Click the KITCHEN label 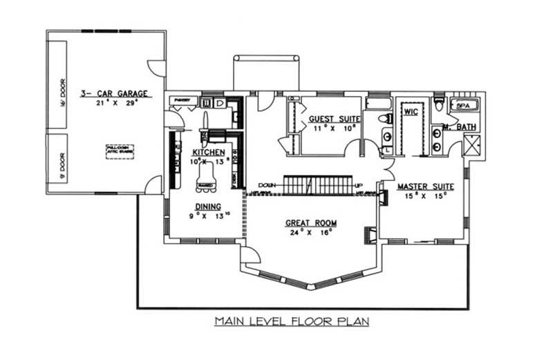point(208,152)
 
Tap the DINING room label point(208,206)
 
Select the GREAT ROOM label point(311,222)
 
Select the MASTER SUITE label point(425,187)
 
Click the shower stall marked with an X point(475,146)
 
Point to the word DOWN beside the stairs point(268,185)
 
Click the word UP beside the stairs point(359,185)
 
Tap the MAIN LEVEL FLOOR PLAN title point(292,321)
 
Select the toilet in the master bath point(438,104)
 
